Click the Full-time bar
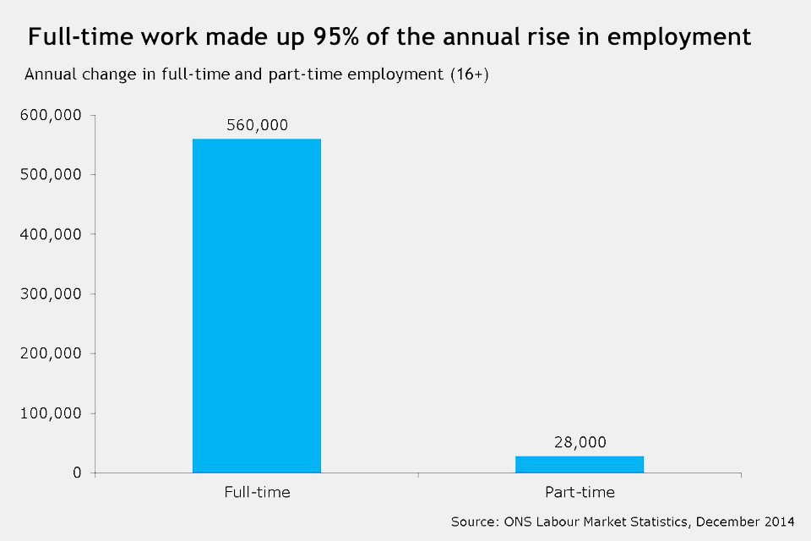click(257, 305)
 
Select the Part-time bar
click(580, 464)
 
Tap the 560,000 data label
click(257, 125)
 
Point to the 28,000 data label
click(580, 442)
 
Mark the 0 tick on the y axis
click(77, 473)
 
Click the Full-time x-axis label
click(257, 492)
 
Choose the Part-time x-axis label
click(580, 492)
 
